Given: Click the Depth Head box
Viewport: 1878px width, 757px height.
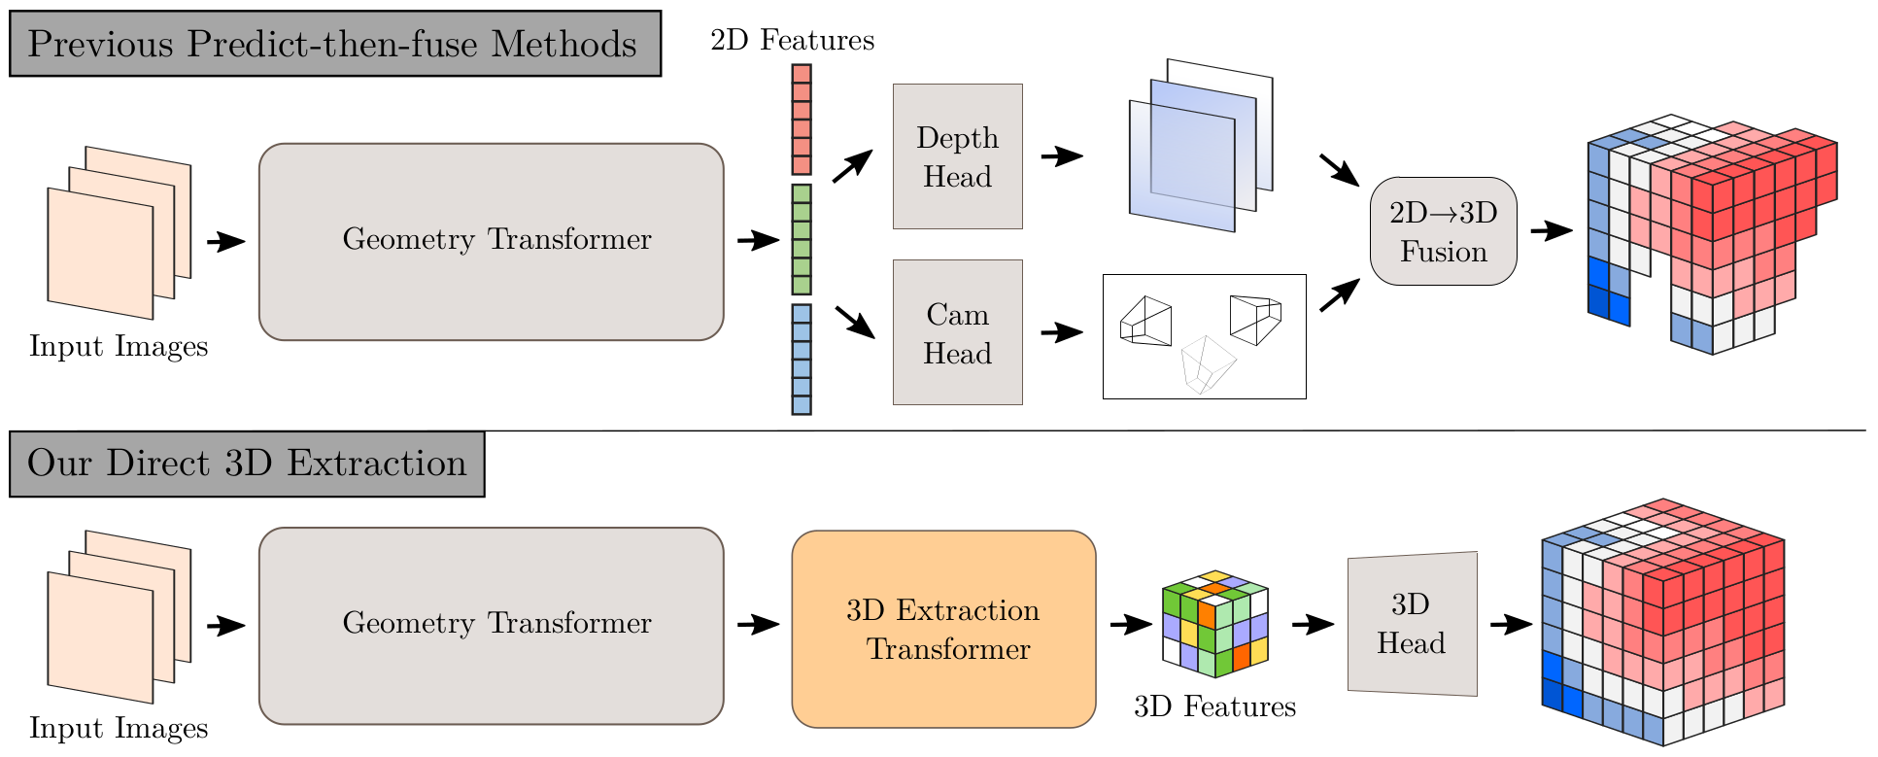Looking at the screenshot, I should (x=957, y=156).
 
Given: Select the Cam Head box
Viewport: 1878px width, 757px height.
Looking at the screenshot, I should (x=957, y=332).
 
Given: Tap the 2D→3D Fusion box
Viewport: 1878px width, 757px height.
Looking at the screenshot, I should (x=1443, y=231).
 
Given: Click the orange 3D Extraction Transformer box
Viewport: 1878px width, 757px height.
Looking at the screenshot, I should (x=943, y=629).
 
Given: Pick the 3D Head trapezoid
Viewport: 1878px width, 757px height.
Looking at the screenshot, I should (x=1412, y=624).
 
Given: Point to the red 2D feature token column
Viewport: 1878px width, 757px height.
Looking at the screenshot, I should (x=802, y=120).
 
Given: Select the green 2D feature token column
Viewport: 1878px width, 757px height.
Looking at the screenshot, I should (x=802, y=239).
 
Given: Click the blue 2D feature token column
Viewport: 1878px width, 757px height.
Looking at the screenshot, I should (x=802, y=360).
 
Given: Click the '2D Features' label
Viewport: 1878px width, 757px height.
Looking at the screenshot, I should (x=792, y=40).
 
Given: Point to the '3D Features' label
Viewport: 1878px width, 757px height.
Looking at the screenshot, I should (x=1214, y=706).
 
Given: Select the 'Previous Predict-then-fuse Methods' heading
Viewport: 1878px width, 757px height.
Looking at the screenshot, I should (x=334, y=44).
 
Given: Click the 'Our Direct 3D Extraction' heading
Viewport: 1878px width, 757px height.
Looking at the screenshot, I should (x=247, y=464).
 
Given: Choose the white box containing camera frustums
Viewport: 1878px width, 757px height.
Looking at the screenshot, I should (x=1204, y=336).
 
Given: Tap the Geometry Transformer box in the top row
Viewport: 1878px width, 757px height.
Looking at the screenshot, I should (x=492, y=242).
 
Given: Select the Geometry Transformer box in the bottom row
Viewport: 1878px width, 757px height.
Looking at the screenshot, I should (x=492, y=626).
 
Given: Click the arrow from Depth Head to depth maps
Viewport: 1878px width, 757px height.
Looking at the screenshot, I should (x=1061, y=155).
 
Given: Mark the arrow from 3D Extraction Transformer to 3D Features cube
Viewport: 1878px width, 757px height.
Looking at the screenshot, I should (x=1130, y=624).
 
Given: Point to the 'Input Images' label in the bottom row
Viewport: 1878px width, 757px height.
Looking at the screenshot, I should (x=119, y=728).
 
